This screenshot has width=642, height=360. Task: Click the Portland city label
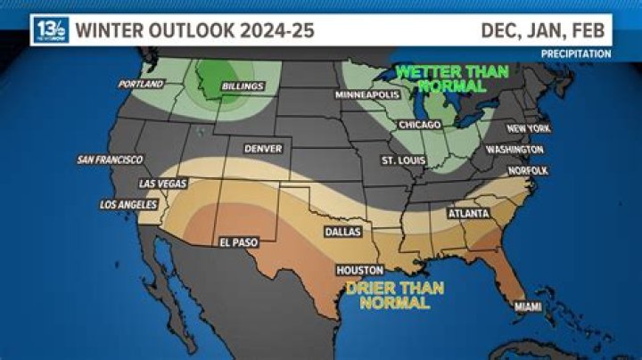142,84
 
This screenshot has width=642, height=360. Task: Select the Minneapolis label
365,94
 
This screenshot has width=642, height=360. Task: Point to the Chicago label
421,125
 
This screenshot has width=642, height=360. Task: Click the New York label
528,128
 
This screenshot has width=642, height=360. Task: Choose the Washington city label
514,150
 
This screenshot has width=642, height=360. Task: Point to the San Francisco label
110,160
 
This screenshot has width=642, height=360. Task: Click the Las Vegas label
163,184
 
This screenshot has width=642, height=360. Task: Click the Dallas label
342,231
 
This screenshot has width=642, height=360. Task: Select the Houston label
359,269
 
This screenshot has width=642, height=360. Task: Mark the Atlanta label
467,214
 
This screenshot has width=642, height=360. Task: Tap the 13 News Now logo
50,30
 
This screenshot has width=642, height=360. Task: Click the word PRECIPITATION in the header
576,54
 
